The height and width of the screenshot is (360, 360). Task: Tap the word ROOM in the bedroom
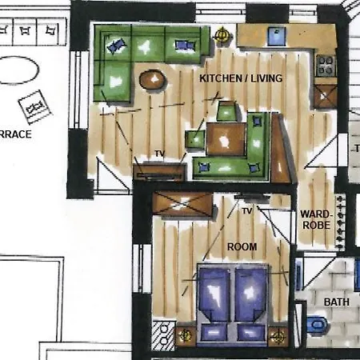pyautogui.click(x=242, y=247)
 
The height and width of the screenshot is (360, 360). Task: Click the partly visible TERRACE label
pyautogui.click(x=15, y=134)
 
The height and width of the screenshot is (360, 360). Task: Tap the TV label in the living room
pyautogui.click(x=159, y=154)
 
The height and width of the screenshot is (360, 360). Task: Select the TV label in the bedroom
pyautogui.click(x=247, y=211)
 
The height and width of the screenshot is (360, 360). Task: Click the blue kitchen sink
pyautogui.click(x=278, y=35)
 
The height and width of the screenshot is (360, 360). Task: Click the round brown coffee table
pyautogui.click(x=152, y=79)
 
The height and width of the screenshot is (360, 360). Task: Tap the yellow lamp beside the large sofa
pyautogui.click(x=221, y=34)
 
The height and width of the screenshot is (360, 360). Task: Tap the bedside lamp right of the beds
pyautogui.click(x=278, y=336)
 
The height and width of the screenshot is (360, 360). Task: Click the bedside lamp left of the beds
pyautogui.click(x=186, y=336)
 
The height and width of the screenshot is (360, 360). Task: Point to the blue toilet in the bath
pyautogui.click(x=317, y=325)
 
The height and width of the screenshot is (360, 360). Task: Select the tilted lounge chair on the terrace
pyautogui.click(x=34, y=104)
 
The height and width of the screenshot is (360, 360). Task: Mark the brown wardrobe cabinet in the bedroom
pyautogui.click(x=183, y=203)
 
